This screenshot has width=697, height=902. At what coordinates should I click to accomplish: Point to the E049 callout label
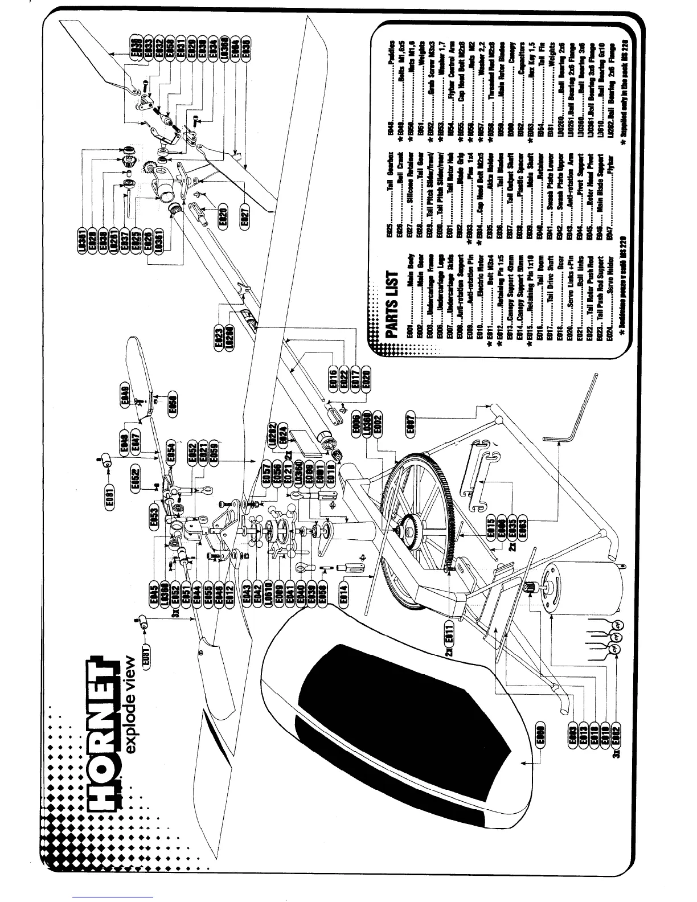point(125,396)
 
